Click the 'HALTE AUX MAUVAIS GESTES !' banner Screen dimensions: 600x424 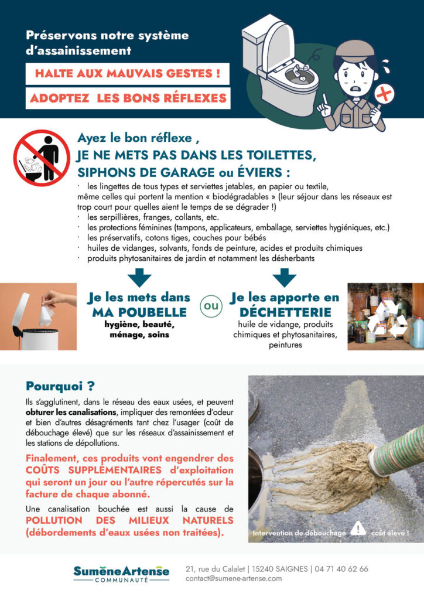pos(127,74)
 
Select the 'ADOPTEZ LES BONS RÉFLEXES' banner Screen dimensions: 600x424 pos(128,98)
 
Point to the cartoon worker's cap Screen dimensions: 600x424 pos(355,48)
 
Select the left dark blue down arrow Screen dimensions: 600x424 pos(139,276)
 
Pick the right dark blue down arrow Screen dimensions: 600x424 pos(285,276)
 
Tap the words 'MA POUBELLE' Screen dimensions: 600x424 pos(139,312)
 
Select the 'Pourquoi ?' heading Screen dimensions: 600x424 pos(60,386)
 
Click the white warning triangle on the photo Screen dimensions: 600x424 pos(358,529)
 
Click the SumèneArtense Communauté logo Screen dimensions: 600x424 pos(121,573)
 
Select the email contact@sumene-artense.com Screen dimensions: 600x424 pos(233,578)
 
